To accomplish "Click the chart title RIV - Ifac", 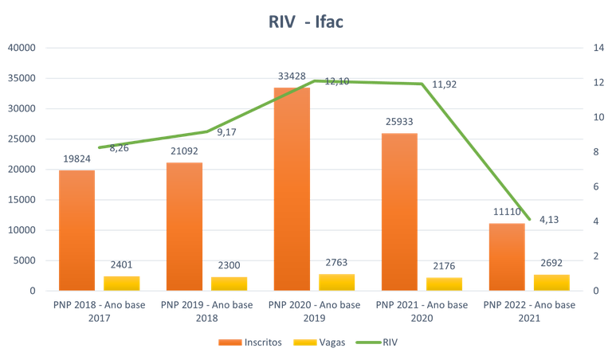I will pyautogui.click(x=305, y=22).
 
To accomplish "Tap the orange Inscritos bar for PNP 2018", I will pyautogui.click(x=76, y=230).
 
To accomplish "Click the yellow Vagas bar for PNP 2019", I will pyautogui.click(x=229, y=283).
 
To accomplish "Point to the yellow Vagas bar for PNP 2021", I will pyautogui.click(x=444, y=283).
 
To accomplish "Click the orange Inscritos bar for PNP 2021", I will pyautogui.click(x=399, y=211).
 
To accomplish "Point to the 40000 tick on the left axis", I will pyautogui.click(x=22, y=48).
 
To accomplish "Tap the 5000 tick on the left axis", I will pyautogui.click(x=25, y=260).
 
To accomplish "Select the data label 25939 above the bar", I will pyautogui.click(x=399, y=121).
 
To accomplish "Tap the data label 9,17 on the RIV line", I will pyautogui.click(x=226, y=132).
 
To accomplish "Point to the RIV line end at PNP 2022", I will pyautogui.click(x=528, y=219).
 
